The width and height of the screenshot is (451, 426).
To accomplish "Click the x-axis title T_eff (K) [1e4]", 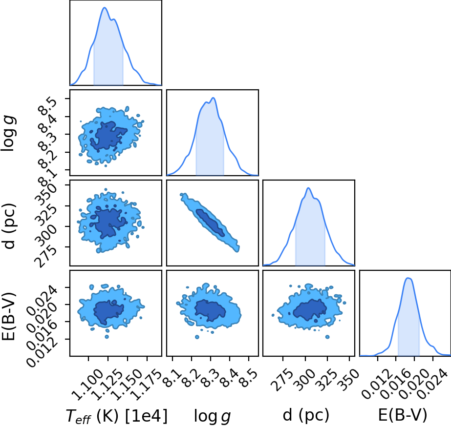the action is click(117, 416).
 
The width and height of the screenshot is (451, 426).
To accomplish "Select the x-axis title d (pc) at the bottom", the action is click(306, 415).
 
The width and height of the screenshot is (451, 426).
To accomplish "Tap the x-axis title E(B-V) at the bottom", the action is click(403, 415).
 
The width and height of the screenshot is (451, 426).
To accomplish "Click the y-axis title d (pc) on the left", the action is click(9, 226).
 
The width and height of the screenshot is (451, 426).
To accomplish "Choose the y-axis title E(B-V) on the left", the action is click(9, 316).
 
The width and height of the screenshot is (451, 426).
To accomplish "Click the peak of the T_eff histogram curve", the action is click(105, 7).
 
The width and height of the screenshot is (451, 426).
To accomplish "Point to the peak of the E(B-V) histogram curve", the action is click(408, 278).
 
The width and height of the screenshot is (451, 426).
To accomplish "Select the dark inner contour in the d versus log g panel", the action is click(210, 223).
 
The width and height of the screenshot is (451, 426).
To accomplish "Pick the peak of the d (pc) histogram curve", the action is click(308, 188).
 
